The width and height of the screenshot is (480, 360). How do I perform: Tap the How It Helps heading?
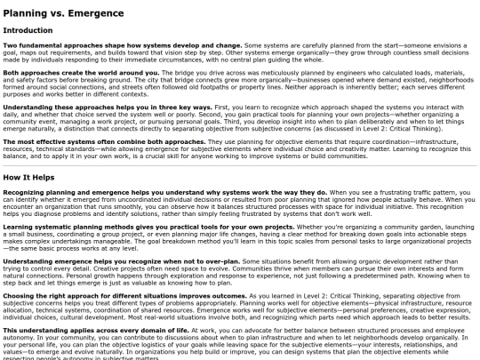pos(34,178)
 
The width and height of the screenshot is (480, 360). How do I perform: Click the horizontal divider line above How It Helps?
pos(240,164)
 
